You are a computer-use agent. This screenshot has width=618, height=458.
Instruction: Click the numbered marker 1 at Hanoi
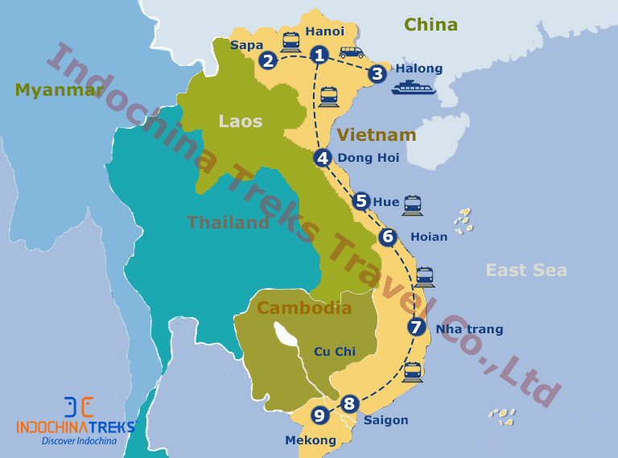(320, 56)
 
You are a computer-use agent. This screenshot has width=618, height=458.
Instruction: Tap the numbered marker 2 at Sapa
(268, 60)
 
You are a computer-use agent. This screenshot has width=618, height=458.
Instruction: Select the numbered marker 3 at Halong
(377, 74)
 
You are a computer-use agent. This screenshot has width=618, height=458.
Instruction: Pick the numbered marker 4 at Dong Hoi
(323, 158)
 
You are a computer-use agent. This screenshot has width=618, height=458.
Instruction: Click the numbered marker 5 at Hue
(360, 201)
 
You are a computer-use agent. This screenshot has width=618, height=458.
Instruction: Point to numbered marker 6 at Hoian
(388, 237)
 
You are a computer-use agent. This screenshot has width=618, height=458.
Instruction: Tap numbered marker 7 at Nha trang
(416, 328)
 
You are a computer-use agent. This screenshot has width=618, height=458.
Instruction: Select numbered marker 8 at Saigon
(348, 403)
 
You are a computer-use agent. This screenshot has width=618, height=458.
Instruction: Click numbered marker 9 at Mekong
(320, 416)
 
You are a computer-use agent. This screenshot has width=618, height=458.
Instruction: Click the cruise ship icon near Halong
(414, 87)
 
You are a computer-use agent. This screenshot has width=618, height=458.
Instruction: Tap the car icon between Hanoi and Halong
(351, 52)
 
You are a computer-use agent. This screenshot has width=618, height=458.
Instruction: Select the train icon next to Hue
(412, 204)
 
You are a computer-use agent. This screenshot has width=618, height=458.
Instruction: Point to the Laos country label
(241, 122)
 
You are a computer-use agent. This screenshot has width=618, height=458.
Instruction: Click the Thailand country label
(228, 223)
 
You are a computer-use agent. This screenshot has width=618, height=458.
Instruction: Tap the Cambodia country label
(303, 307)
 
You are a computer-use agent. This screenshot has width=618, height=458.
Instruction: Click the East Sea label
(526, 270)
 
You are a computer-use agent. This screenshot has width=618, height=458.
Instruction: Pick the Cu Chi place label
(334, 351)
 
